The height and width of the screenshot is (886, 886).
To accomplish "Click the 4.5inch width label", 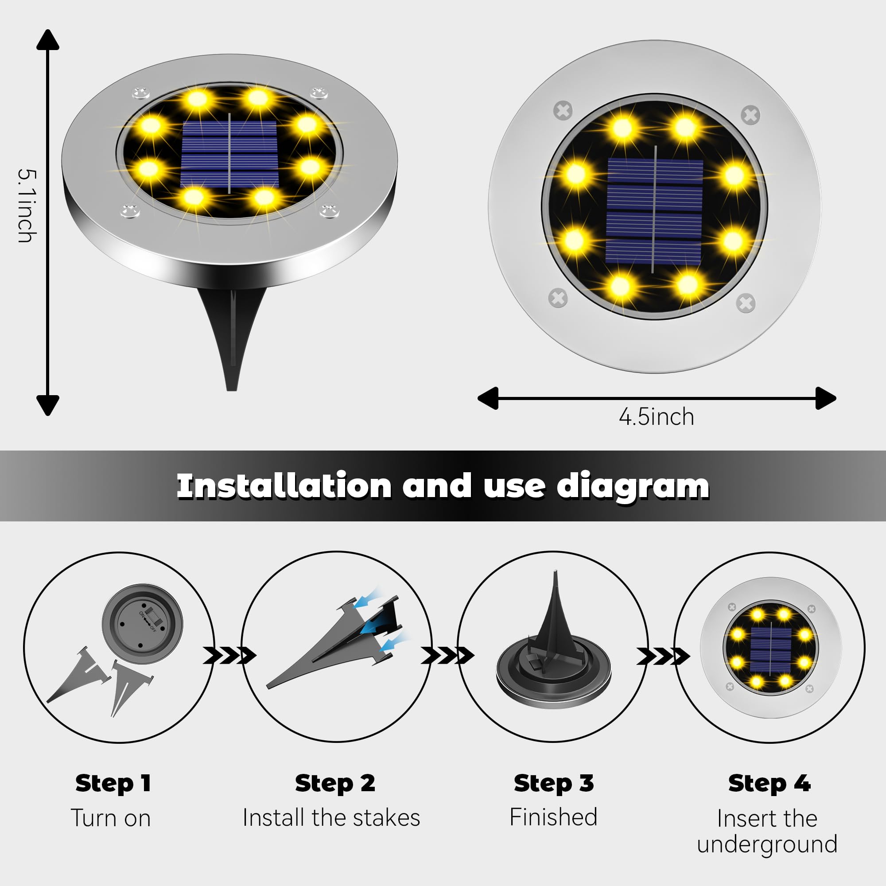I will click(x=656, y=417).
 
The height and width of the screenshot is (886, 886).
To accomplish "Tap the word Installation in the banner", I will click(x=284, y=486).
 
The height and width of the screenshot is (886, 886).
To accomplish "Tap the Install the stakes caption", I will click(x=331, y=818).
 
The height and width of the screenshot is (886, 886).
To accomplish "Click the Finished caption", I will click(x=553, y=817).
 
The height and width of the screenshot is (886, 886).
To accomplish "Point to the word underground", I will click(x=767, y=845).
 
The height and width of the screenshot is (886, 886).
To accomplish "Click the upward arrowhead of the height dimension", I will click(x=48, y=40).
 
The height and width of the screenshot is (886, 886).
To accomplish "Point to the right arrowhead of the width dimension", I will click(x=825, y=398).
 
